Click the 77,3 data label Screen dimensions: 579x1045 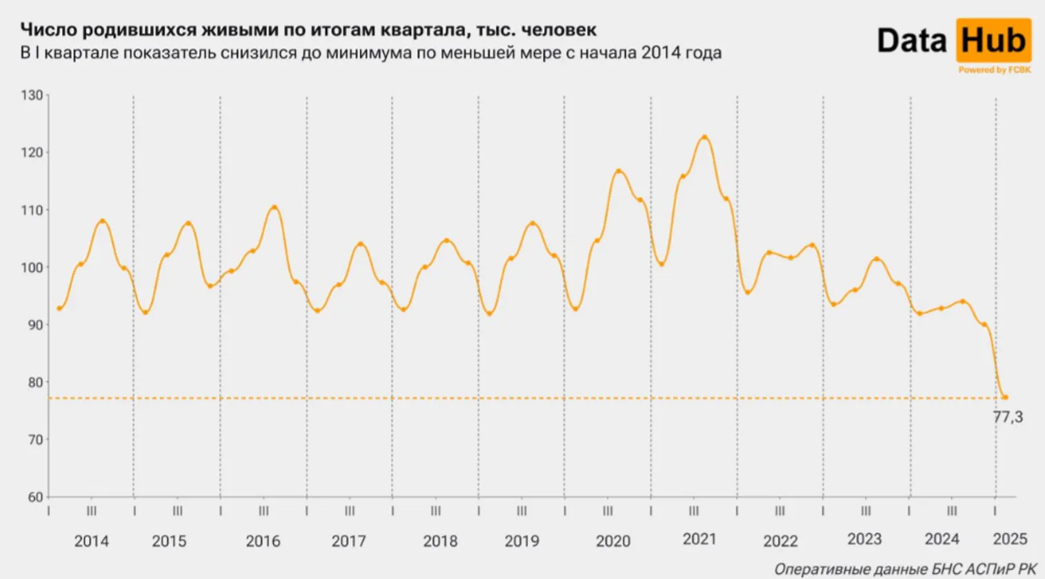coord(1008,417)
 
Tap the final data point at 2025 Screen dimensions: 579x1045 coord(1005,397)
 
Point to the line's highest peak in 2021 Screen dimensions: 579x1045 coord(704,137)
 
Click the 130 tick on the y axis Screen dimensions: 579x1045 coord(32,95)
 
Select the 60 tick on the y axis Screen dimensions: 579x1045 coord(34,496)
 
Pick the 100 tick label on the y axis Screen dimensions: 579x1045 coord(32,267)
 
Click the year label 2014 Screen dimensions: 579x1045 coord(91,541)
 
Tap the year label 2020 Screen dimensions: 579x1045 coord(613,541)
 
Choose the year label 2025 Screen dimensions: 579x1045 coord(1010,539)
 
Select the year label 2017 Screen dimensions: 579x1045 coord(348,541)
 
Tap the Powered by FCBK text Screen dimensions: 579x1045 coord(994,70)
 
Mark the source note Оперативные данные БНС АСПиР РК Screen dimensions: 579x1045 coord(905,569)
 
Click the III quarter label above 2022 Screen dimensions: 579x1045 coord(779,511)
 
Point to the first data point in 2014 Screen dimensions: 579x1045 coord(59,308)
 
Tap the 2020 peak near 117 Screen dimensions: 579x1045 coord(618,170)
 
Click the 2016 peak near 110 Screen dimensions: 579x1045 coord(274,207)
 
